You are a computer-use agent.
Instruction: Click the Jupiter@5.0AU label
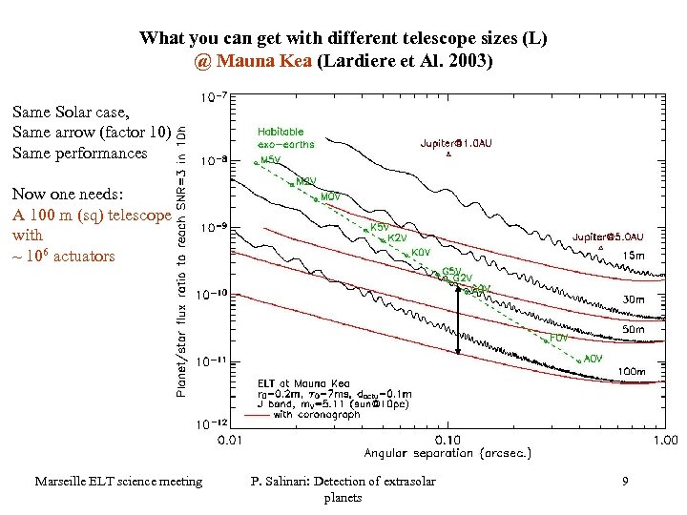click(607, 237)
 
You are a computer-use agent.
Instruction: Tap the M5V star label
click(270, 160)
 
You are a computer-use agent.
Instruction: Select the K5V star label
click(379, 228)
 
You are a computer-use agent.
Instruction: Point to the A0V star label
click(593, 359)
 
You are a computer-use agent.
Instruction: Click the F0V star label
click(559, 338)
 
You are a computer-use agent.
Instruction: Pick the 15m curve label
click(633, 255)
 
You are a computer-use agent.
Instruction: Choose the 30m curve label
click(633, 299)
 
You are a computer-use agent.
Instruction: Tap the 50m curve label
click(633, 329)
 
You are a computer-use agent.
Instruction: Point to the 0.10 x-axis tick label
click(448, 440)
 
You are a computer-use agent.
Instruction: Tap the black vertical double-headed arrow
click(459, 320)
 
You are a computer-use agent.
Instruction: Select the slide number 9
click(624, 482)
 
